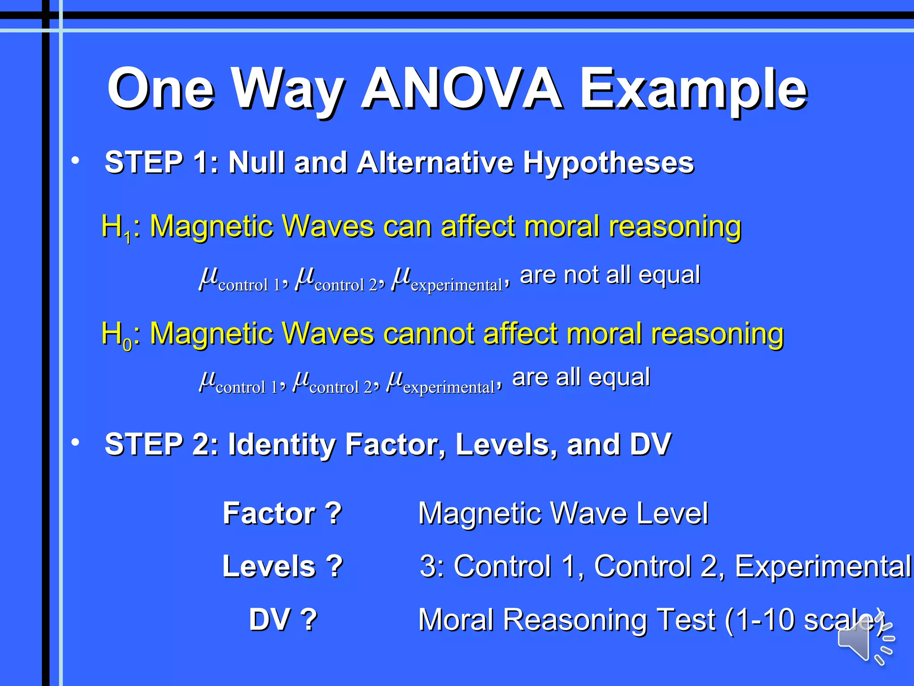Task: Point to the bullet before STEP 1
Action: tap(75, 160)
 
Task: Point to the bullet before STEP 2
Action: tap(75, 442)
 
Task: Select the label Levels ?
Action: tap(283, 566)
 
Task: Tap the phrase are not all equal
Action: tap(610, 275)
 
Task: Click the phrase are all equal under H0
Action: tap(581, 377)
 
